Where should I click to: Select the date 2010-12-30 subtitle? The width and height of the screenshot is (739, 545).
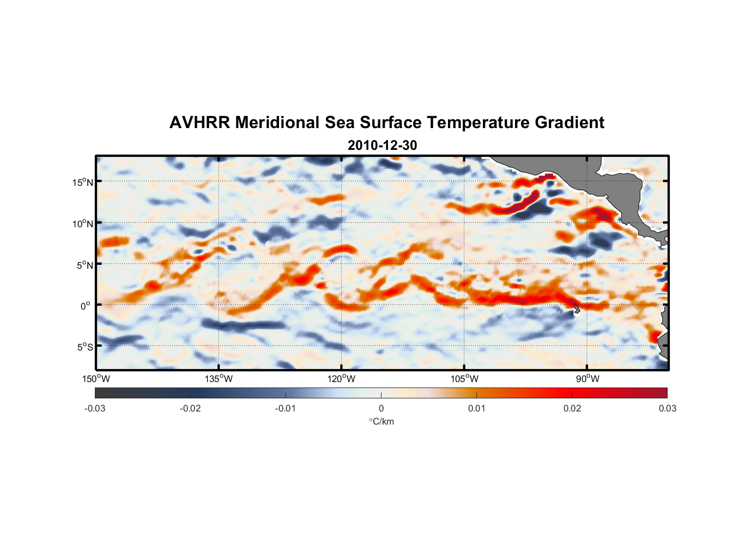(x=382, y=146)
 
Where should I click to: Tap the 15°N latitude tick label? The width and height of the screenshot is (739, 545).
(x=83, y=182)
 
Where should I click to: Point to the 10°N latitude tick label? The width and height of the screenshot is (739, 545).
(x=83, y=223)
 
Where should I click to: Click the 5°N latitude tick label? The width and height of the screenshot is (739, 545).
(x=84, y=265)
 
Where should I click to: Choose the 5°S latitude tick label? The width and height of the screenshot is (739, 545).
(x=84, y=347)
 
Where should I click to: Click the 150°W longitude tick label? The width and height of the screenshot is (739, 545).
(x=96, y=379)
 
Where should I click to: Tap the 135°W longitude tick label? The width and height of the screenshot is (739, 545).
(x=219, y=379)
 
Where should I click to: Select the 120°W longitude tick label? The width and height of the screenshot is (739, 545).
(x=341, y=379)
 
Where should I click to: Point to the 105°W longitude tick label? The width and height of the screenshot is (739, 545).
(x=464, y=379)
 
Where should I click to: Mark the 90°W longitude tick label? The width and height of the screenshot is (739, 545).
(x=587, y=379)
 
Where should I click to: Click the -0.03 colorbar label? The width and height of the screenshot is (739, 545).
(x=95, y=409)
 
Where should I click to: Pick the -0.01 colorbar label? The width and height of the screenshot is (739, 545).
(x=286, y=409)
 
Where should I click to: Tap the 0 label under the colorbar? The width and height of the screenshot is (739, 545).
(x=381, y=409)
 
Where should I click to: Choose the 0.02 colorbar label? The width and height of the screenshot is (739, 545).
(x=572, y=409)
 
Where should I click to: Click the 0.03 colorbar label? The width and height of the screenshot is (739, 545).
(x=667, y=409)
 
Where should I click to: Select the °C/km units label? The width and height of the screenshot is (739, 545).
(x=381, y=422)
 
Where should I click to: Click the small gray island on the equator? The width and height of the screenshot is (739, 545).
(x=576, y=308)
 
